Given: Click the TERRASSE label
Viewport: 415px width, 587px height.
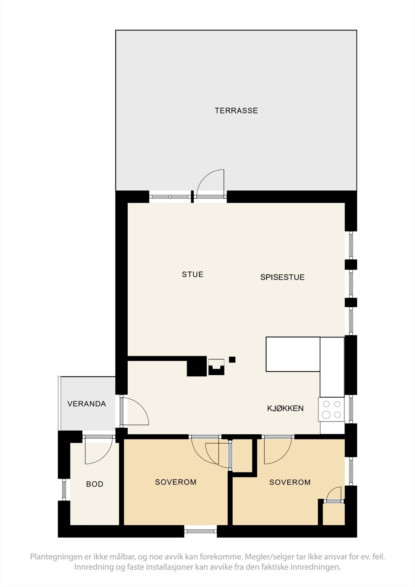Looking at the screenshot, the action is tap(236, 110).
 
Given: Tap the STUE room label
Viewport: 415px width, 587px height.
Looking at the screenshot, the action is tap(193, 274).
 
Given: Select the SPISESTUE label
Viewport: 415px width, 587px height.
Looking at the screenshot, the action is tap(282, 277).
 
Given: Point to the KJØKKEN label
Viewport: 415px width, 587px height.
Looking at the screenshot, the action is tap(285, 408).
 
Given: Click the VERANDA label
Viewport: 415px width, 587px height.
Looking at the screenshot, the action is tap(87, 404).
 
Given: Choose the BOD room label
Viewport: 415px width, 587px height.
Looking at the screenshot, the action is tap(95, 484).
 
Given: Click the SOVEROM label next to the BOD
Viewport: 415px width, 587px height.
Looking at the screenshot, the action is tap(176, 482).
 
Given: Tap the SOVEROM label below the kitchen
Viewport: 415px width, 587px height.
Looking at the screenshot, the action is tap(290, 482).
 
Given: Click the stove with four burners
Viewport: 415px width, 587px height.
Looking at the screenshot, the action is tap(331, 409).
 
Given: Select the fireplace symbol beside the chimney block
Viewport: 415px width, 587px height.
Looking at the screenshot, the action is tap(216, 367).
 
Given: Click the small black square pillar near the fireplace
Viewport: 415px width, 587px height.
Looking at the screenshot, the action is tap(232, 360).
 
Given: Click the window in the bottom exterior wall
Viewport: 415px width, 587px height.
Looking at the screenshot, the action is tap(201, 531).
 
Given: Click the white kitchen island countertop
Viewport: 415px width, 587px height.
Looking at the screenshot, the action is tap(293, 354).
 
